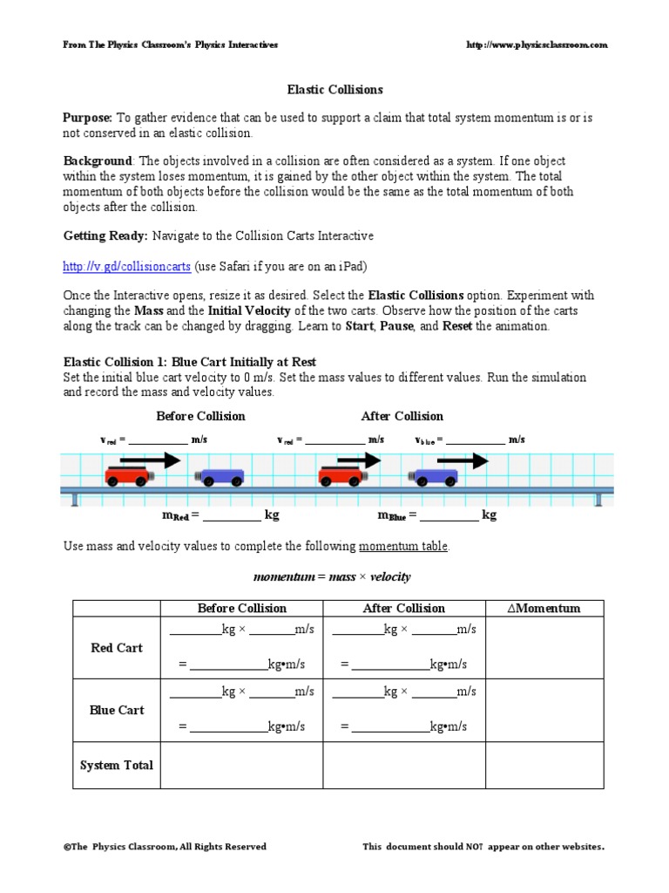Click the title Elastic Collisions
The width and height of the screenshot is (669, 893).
(x=335, y=89)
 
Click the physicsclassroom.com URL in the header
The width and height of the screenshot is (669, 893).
(x=537, y=44)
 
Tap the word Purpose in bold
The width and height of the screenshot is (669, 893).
(x=87, y=118)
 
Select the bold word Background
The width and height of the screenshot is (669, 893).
(x=98, y=162)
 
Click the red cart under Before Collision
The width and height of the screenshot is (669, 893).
(x=128, y=476)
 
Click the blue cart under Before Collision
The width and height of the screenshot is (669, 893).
(x=220, y=477)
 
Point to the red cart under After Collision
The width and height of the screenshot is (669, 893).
(x=342, y=476)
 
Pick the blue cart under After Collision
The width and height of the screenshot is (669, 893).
(x=434, y=476)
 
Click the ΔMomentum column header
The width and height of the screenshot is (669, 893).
(x=544, y=608)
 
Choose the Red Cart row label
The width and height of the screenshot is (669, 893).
(x=117, y=648)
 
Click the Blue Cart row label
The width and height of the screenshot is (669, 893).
(x=117, y=710)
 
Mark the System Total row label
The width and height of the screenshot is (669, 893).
(x=117, y=765)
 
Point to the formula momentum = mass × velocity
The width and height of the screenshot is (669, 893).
(x=332, y=577)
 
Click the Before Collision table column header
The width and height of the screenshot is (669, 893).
(x=241, y=608)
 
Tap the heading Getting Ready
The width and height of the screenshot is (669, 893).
(x=106, y=236)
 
